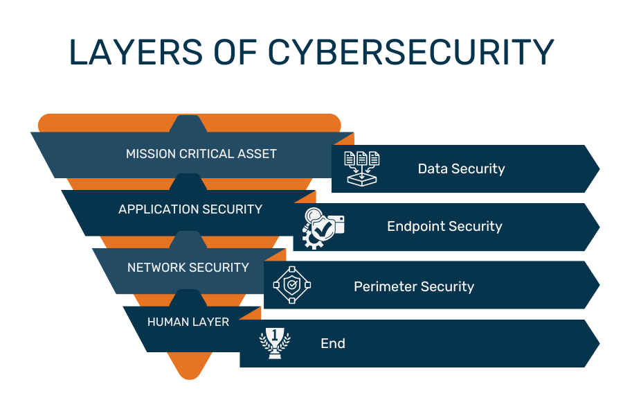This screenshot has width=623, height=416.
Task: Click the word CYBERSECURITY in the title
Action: coord(410,52)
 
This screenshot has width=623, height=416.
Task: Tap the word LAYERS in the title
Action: coord(136,52)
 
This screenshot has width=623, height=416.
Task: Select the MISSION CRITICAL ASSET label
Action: coord(201,154)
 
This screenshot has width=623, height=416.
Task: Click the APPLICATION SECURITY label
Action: coord(190,209)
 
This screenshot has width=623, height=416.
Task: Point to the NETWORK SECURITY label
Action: coord(188,267)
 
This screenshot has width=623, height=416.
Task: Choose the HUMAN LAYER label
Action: coord(188,322)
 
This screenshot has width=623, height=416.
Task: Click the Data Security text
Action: coord(461,168)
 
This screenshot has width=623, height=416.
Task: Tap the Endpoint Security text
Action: coord(444,227)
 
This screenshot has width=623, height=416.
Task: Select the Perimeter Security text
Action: coord(414,286)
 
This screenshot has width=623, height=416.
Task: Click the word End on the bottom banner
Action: coord(333,344)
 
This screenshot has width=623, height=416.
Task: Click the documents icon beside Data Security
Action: coord(361,168)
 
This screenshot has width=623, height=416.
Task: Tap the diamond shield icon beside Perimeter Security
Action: coord(292,285)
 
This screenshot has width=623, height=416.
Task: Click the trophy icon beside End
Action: coord(275,343)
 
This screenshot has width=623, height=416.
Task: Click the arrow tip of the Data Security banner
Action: coord(599,168)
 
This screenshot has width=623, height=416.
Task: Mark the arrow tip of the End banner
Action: coord(599,343)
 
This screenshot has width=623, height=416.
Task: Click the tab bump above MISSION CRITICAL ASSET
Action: coord(188,124)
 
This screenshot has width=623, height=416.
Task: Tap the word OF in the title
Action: coord(235,52)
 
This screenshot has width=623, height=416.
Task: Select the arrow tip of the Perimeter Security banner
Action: coord(599,285)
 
